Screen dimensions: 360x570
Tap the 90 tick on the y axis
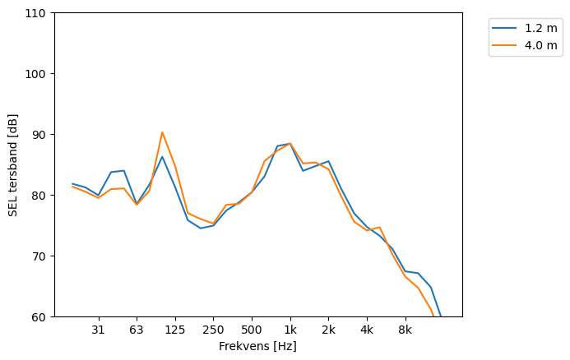(40, 135)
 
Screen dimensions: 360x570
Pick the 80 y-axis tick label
(40, 196)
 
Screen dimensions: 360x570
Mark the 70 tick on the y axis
(40, 256)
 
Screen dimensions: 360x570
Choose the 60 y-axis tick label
(40, 317)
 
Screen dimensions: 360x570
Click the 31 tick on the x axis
(98, 330)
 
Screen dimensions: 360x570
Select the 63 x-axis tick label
(137, 330)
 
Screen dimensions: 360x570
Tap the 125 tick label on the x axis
(174, 330)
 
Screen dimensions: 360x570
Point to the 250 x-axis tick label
(213, 330)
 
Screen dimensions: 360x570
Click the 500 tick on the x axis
(252, 330)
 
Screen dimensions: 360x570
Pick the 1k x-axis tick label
(290, 330)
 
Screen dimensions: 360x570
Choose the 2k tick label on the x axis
(328, 330)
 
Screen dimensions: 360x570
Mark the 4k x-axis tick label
(367, 330)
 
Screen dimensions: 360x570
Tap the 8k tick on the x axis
(405, 330)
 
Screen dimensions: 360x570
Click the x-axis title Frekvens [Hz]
(257, 346)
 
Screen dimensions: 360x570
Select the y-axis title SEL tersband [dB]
(12, 164)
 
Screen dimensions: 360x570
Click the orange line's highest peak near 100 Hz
(162, 132)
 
